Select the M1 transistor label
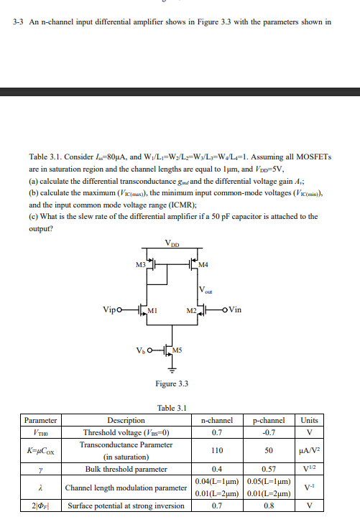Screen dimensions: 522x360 (152, 310)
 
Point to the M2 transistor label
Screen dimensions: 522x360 (190, 310)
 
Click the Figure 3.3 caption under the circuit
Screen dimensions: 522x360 (172, 383)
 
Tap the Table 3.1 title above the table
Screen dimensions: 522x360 (172, 407)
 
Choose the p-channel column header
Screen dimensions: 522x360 (269, 420)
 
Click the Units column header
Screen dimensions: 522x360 (309, 420)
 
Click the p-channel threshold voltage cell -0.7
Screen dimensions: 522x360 (269, 432)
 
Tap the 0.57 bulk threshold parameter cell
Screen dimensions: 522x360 (269, 469)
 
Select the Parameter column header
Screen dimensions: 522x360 (40, 420)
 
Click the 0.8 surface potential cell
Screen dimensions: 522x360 (269, 505)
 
